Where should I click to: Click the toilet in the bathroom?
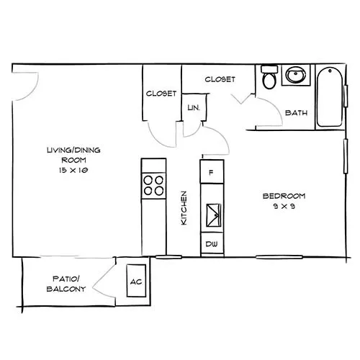[269, 77]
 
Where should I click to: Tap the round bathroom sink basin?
[295, 75]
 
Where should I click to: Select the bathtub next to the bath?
[330, 96]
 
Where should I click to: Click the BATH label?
[296, 112]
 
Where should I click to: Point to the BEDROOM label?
[284, 196]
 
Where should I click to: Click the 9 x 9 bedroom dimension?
[284, 206]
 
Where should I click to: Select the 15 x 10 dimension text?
[73, 170]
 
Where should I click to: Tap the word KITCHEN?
[184, 208]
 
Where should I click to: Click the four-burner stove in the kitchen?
[153, 186]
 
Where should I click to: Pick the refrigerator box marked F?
[212, 172]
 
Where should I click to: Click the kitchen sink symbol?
[214, 215]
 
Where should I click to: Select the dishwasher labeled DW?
[212, 244]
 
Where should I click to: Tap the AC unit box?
[136, 281]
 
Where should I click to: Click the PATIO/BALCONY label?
[66, 284]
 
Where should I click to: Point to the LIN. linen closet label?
[194, 108]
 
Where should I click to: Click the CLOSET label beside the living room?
[161, 93]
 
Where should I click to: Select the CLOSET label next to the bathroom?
[220, 79]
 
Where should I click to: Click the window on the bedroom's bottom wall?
[279, 257]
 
